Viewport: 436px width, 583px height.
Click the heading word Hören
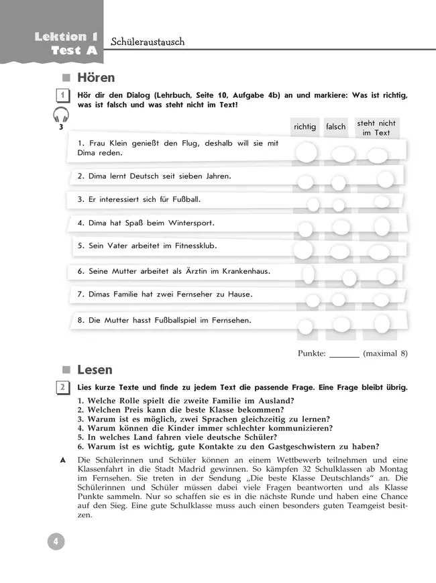click(x=96, y=78)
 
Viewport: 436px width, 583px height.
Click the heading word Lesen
click(x=95, y=370)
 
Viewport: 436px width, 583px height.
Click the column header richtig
click(x=305, y=127)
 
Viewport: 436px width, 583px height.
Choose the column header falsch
click(x=335, y=127)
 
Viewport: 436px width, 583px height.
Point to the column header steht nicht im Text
click(x=376, y=128)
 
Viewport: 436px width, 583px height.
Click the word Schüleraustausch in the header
click(x=147, y=42)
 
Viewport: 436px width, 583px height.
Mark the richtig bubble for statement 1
click(x=307, y=154)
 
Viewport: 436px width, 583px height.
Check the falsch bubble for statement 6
click(x=349, y=276)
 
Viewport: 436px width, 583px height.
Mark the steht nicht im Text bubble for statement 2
click(x=385, y=179)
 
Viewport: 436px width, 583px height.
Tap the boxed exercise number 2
click(x=62, y=388)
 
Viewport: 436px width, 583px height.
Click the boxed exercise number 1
click(x=62, y=96)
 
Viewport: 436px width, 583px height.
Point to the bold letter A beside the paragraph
click(x=62, y=459)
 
